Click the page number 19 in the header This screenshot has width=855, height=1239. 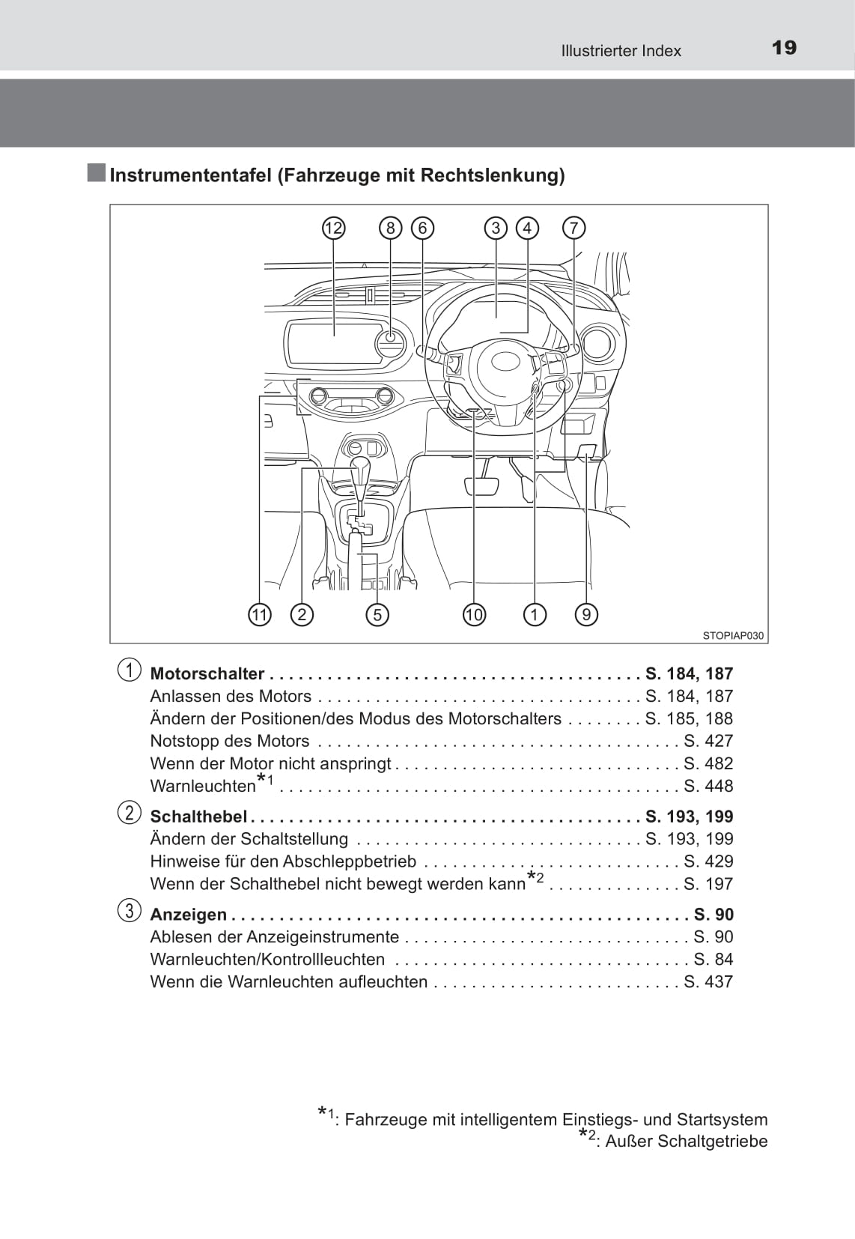pos(784,48)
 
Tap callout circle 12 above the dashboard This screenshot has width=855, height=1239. pos(333,228)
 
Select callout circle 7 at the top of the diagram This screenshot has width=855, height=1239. pos(573,228)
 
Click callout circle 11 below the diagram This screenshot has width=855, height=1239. pos(259,614)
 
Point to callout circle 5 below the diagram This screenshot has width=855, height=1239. pos(377,614)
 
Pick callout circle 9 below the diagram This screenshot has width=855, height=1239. pos(586,614)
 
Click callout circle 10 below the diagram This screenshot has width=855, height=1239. pos(474,614)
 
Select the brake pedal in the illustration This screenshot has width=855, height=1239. pos(481,485)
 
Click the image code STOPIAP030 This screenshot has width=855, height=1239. pos(733,635)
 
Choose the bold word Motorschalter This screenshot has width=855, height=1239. pos(207,673)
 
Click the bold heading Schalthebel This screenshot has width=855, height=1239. pos(198,816)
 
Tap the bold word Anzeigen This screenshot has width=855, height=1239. pos(189,915)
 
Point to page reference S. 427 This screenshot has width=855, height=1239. pos(708,741)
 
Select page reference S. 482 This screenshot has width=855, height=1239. pos(708,763)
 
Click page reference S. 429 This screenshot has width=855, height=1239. pos(708,861)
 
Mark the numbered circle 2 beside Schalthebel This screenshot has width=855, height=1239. pos(129,813)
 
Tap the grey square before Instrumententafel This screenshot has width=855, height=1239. pos(96,173)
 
